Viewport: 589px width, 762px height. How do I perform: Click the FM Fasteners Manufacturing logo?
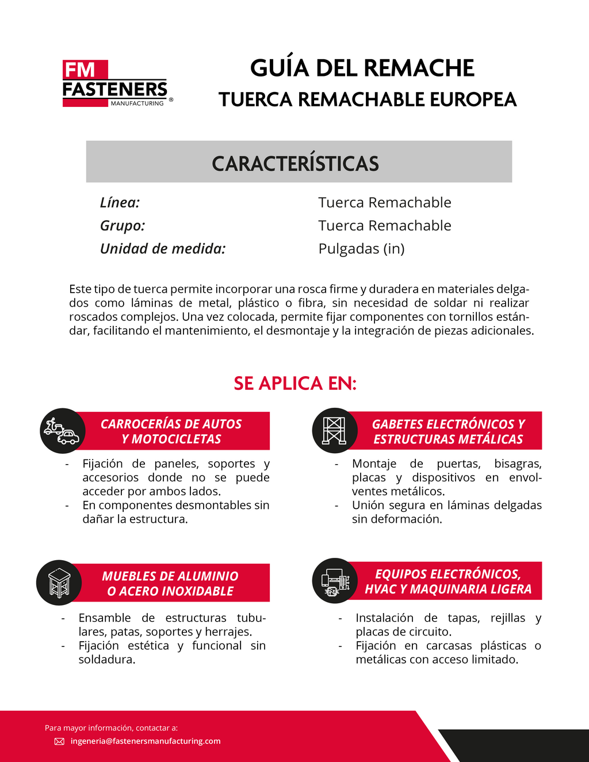[x=115, y=84]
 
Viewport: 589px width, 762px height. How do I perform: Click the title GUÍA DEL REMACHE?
[x=362, y=68]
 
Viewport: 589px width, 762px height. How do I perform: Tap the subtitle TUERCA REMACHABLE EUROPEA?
[x=368, y=99]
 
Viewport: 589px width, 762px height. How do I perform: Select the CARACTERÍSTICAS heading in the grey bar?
[x=295, y=163]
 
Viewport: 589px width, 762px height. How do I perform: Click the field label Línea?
[x=120, y=202]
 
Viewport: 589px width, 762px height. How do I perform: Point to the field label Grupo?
[x=123, y=225]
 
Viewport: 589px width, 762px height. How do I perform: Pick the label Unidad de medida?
[x=163, y=248]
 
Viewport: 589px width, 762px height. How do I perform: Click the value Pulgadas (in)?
[x=361, y=248]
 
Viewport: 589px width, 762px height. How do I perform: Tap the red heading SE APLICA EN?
[x=295, y=383]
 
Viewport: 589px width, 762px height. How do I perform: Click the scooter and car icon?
[x=62, y=431]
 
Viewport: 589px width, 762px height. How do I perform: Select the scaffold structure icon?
[x=334, y=430]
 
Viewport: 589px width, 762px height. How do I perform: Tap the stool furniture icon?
[x=59, y=583]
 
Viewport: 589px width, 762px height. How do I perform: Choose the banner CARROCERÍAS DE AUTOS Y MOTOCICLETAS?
[x=171, y=431]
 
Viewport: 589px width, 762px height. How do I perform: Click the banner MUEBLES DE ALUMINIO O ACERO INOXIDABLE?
[x=170, y=583]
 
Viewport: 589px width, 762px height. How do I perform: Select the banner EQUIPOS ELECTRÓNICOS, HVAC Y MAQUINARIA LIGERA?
[x=448, y=581]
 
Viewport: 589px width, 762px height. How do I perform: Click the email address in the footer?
[x=146, y=741]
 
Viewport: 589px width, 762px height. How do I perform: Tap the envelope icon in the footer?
[x=59, y=741]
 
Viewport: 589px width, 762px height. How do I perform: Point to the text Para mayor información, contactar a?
[x=111, y=727]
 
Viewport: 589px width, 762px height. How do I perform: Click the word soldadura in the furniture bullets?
[x=106, y=659]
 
